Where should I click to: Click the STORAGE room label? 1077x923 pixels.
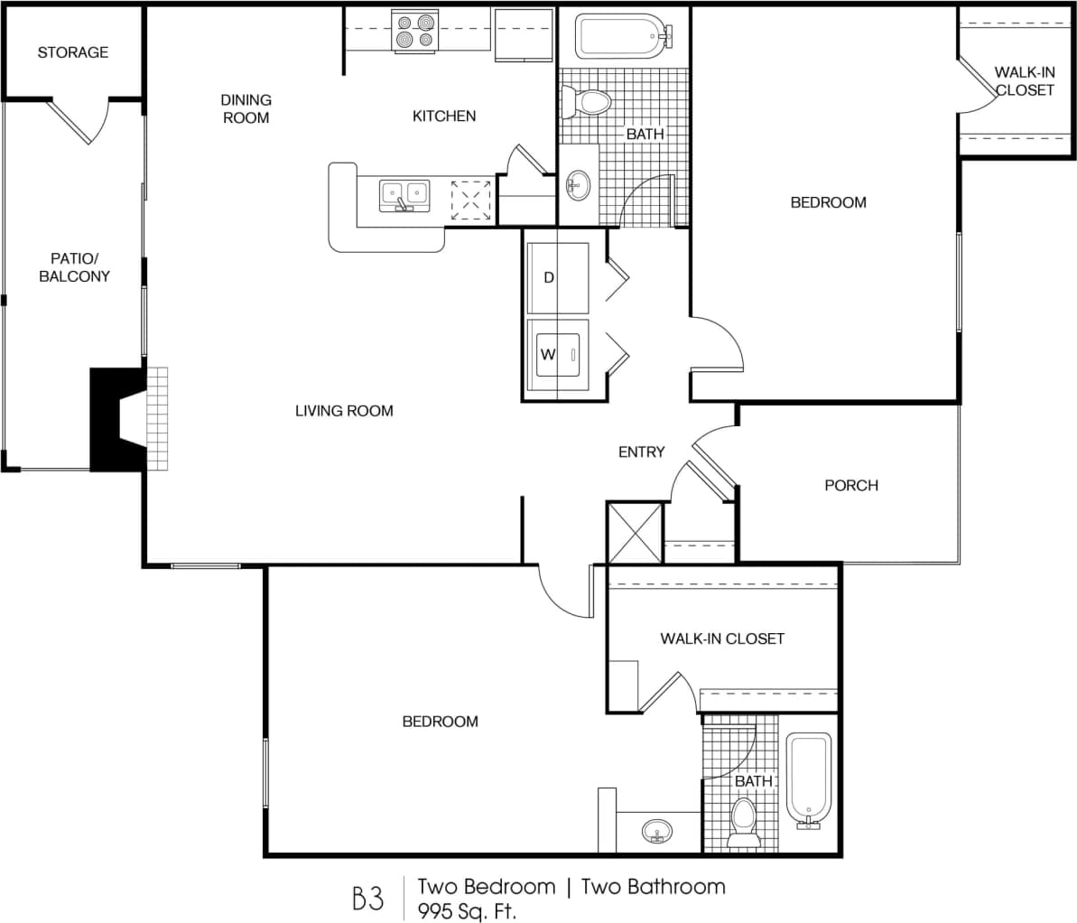[x=72, y=52]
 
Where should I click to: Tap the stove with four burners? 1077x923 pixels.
[x=414, y=31]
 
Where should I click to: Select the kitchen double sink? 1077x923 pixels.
[x=404, y=193]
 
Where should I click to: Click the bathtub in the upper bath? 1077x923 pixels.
[x=624, y=36]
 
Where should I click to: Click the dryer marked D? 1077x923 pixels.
[x=558, y=277]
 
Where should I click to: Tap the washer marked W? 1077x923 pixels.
[x=558, y=354]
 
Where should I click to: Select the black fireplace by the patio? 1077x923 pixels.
[x=116, y=419]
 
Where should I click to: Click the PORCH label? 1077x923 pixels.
[x=850, y=485]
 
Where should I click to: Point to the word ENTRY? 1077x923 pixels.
[x=641, y=452]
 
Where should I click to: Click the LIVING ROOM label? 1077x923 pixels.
[x=344, y=411]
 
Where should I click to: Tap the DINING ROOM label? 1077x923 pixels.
[x=246, y=108]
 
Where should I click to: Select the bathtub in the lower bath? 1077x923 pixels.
[x=808, y=778]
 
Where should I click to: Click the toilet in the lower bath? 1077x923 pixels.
[x=744, y=820]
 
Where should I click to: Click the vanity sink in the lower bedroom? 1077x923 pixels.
[x=656, y=830]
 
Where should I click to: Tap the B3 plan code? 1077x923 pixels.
[x=367, y=899]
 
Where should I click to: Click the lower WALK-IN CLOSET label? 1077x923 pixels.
[x=722, y=639]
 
